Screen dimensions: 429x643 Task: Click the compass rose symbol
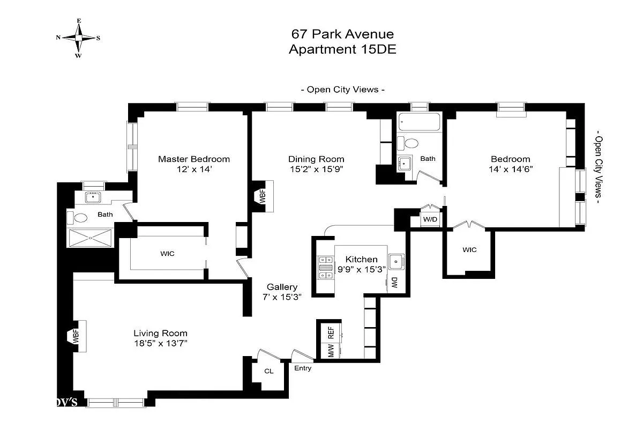78,38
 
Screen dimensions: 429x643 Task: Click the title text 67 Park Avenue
342,34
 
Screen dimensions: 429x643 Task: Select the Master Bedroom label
193,159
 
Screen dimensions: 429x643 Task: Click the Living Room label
160,333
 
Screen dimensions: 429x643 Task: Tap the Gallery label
282,287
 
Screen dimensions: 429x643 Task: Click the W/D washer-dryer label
430,219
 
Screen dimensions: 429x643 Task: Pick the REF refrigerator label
331,333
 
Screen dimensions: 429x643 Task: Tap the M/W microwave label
331,351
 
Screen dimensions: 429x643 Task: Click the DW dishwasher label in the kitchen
394,284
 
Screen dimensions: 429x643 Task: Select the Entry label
303,368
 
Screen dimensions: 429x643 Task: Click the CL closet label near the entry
269,371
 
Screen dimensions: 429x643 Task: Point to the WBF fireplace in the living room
77,337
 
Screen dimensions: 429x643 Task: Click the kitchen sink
397,262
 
